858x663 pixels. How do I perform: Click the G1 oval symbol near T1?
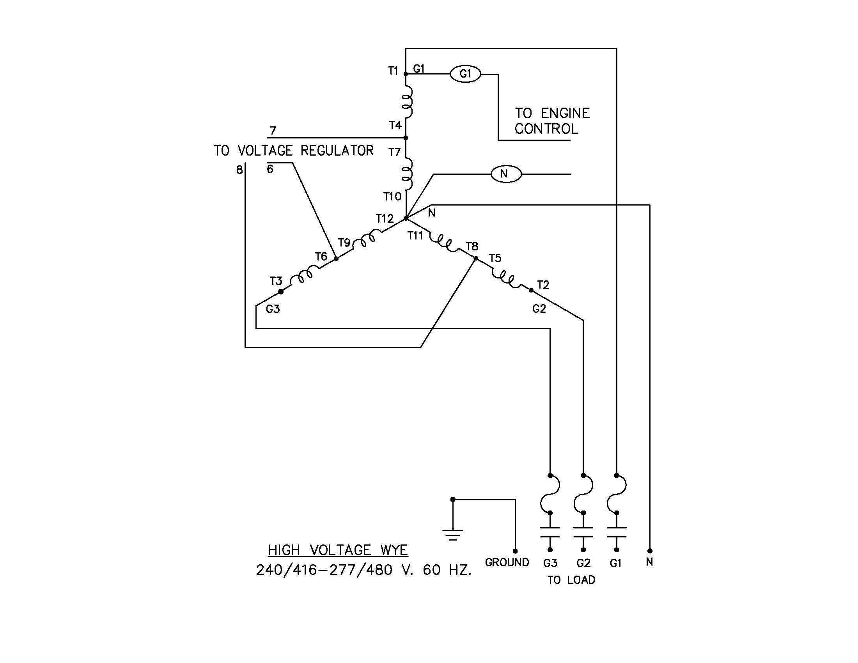pos(465,74)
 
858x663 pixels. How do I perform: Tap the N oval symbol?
pos(506,174)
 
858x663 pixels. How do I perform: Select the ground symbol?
pos(452,534)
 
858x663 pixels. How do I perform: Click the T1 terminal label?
pos(393,71)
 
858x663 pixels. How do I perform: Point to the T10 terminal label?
pos(392,197)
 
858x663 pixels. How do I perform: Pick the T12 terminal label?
pos(384,219)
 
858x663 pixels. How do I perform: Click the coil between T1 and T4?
pos(407,102)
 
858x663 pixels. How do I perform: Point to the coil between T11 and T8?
pos(444,243)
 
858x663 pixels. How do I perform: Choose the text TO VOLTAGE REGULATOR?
pos(294,151)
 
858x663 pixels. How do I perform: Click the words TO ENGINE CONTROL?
pos(551,121)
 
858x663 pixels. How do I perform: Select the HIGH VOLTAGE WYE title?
pos(338,550)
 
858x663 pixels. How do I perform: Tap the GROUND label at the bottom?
pos(507,562)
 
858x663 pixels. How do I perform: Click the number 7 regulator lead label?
pos(273,130)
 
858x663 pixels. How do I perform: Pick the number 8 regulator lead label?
pos(239,170)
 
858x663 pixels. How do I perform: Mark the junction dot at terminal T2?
pos(531,290)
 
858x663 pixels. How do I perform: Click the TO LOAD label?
pos(571,580)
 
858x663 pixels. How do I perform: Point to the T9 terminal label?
pos(344,243)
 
